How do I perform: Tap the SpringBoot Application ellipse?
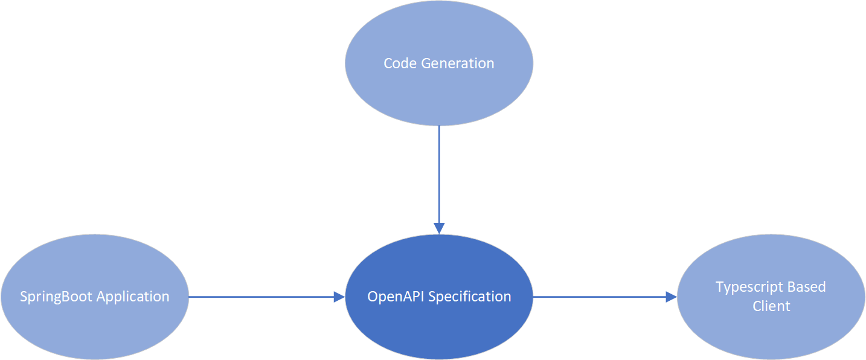95,326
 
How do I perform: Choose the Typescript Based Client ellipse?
771,329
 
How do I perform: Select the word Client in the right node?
771,306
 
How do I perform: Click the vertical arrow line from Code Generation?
439,175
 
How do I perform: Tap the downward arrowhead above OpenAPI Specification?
439,228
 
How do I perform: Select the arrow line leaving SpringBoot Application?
260,297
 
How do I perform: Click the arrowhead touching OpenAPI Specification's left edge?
339,297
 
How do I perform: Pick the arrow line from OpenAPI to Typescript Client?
598,297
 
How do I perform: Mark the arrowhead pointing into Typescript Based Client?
671,297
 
